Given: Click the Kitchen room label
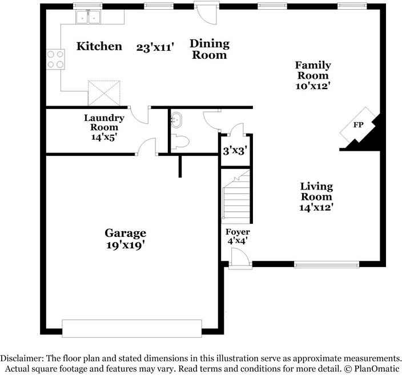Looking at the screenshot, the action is (x=99, y=46).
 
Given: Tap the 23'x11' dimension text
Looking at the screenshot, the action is (x=155, y=47).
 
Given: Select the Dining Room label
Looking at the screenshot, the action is (x=210, y=49).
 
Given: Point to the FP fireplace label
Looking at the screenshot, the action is (x=358, y=125).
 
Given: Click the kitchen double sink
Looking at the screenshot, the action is (x=88, y=17).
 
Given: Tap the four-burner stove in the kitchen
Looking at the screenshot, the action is (x=55, y=59).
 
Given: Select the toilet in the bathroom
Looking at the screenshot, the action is (x=180, y=142).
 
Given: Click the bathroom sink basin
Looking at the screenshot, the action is (x=176, y=120).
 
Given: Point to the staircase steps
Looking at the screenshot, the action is (x=236, y=197).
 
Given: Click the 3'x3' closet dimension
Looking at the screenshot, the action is (x=235, y=151).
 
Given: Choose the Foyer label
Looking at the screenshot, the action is (x=238, y=232).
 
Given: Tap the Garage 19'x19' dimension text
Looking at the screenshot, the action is (x=126, y=245).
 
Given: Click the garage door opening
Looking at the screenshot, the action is (x=132, y=328).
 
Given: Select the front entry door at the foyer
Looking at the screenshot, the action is (x=240, y=259).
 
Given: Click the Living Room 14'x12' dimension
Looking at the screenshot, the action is (x=316, y=207).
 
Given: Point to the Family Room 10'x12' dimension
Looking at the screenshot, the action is (x=312, y=86).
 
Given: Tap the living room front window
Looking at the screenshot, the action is (x=327, y=264).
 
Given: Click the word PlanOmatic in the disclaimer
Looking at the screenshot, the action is (x=377, y=369).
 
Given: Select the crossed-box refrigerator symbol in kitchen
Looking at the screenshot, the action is (x=104, y=93).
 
